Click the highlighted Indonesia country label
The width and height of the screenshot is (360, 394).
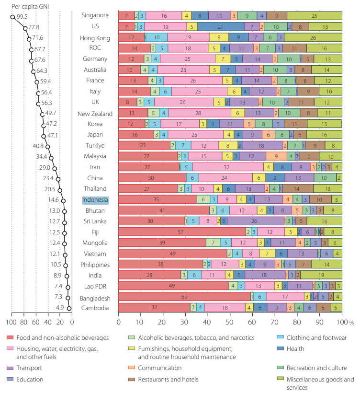click(95, 200)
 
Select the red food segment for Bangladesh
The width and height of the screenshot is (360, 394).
click(184, 297)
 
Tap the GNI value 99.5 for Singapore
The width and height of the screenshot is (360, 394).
click(22, 16)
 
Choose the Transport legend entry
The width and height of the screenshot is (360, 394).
click(29, 368)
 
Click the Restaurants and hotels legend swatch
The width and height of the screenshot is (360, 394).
click(133, 380)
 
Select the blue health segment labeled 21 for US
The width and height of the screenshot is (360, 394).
click(221, 27)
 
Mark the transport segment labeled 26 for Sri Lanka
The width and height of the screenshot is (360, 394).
click(254, 221)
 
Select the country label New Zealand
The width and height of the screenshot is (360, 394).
click(95, 114)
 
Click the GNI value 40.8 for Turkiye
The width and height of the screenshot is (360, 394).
click(38, 146)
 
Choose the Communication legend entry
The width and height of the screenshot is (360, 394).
click(159, 368)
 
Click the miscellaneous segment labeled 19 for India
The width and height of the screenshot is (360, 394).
click(321, 275)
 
